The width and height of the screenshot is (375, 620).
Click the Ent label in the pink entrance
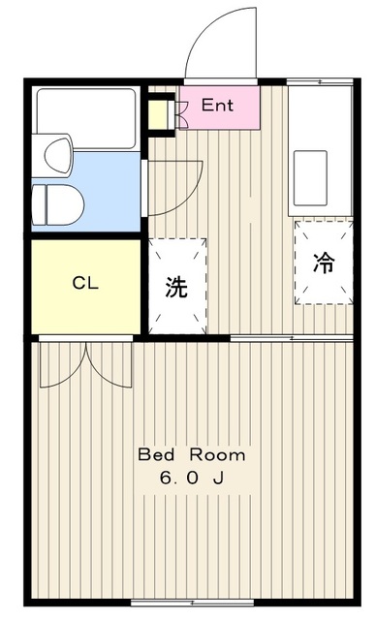tap(217, 106)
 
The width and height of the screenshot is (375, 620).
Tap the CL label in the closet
tap(85, 283)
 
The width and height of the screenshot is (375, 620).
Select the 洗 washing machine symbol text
tap(176, 287)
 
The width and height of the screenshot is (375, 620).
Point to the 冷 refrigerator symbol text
tap(324, 263)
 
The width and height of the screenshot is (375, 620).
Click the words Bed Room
tap(192, 454)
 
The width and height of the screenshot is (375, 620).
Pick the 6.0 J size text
tap(192, 478)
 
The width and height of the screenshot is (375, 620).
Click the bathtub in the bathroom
tap(86, 118)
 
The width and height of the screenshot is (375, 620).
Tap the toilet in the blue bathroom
tap(58, 205)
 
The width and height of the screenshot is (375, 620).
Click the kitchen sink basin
tap(310, 178)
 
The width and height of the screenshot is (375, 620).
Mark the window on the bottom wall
tap(192, 603)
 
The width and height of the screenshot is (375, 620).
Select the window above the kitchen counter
tap(320, 81)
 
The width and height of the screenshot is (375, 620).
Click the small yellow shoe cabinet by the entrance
tap(157, 115)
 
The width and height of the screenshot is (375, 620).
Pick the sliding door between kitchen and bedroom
tap(292, 338)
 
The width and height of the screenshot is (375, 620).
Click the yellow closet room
tap(86, 287)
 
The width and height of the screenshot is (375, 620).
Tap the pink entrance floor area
tap(220, 108)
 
